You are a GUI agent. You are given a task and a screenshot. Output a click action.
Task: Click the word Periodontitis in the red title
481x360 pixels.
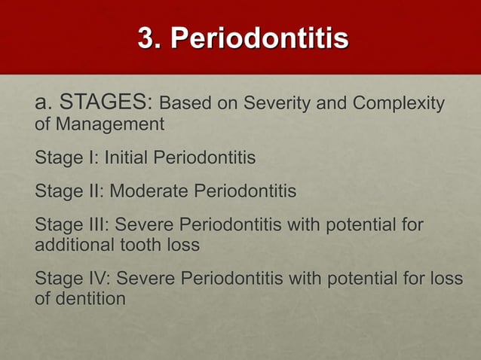(260, 38)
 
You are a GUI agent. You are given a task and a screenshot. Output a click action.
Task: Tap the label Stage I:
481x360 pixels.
(66, 159)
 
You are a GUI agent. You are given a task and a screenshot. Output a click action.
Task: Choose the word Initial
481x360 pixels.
(127, 159)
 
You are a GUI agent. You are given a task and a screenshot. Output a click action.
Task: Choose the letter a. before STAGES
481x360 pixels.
(44, 103)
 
